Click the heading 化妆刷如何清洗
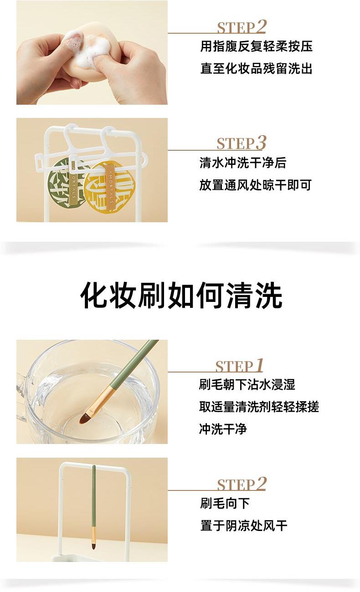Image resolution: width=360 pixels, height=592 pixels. coord(181,295)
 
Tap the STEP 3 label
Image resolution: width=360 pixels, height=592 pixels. coord(241,143)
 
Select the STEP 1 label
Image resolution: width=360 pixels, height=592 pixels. coord(239,366)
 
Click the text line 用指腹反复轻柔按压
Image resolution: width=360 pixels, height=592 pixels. coord(256,46)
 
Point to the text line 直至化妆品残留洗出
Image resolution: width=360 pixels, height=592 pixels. coord(256,68)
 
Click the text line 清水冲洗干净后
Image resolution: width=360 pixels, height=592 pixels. coord(243,163)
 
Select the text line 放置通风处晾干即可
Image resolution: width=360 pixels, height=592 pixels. coord(255,185)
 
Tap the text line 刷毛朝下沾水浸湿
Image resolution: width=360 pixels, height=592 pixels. coord(247,384)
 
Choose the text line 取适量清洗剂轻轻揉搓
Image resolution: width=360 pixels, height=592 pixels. coord(259,407)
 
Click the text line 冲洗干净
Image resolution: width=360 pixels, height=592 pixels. coord(223,429)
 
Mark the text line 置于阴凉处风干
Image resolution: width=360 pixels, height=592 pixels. coord(244,526)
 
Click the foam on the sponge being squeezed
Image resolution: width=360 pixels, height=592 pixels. coord(87,49)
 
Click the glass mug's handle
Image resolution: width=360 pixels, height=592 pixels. coord(22,397)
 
